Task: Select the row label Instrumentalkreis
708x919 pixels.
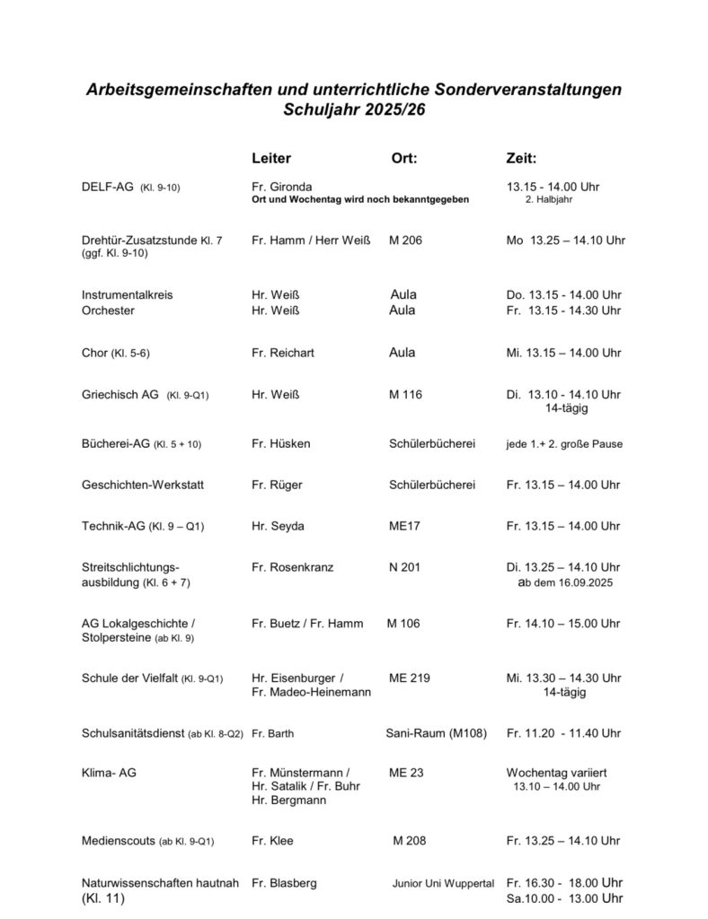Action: tap(127, 294)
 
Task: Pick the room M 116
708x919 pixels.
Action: tap(405, 394)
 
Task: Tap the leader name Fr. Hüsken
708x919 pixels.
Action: tap(281, 443)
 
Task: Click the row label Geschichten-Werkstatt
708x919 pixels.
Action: tap(143, 485)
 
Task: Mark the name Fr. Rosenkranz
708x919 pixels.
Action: tap(291, 566)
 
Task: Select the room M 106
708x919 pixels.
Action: tap(403, 624)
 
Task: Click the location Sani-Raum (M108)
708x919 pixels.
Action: tap(436, 733)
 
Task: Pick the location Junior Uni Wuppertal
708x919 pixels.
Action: tap(443, 883)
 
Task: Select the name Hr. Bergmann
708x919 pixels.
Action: tap(288, 800)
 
